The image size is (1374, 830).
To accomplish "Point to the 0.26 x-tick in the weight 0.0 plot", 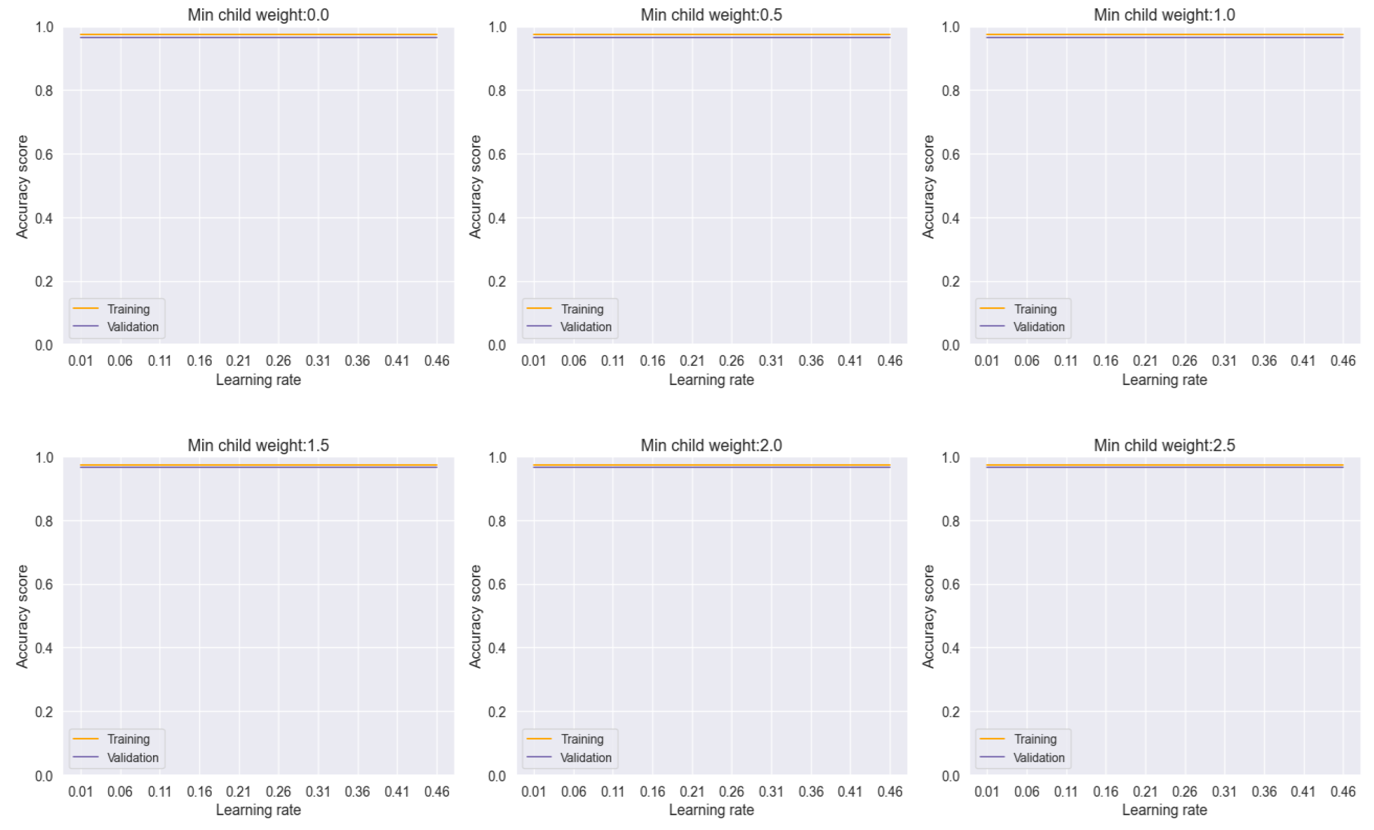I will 278,361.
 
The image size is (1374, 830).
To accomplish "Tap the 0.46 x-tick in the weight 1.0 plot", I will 1342,361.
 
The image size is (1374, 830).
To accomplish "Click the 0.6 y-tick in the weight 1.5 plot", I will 44,584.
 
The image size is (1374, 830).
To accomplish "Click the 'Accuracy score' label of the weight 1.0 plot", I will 928,187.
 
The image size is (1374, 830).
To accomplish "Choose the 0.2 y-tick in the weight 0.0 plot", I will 44,282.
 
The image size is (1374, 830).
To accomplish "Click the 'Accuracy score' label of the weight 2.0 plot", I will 475,616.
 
